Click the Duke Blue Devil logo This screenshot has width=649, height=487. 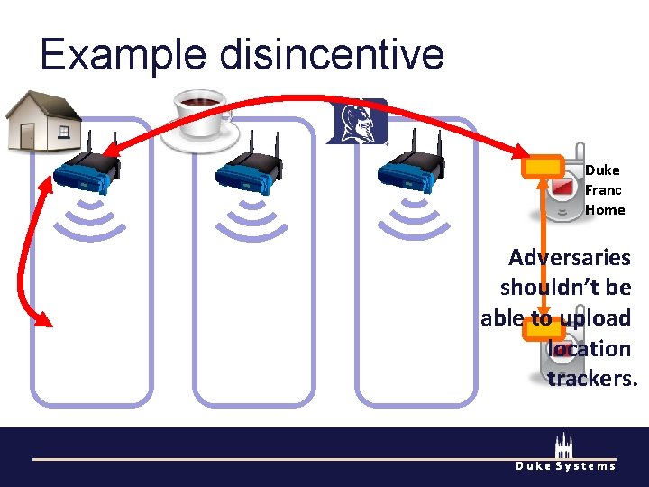(357, 121)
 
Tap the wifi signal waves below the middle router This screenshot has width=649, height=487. (250, 219)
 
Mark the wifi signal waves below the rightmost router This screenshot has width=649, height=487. (411, 219)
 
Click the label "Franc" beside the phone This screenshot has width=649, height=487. (603, 190)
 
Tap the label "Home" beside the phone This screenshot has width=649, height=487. (605, 210)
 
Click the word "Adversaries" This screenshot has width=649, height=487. (569, 258)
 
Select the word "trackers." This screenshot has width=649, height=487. (592, 379)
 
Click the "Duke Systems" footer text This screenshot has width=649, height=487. (565, 465)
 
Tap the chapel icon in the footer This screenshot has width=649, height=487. (564, 446)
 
